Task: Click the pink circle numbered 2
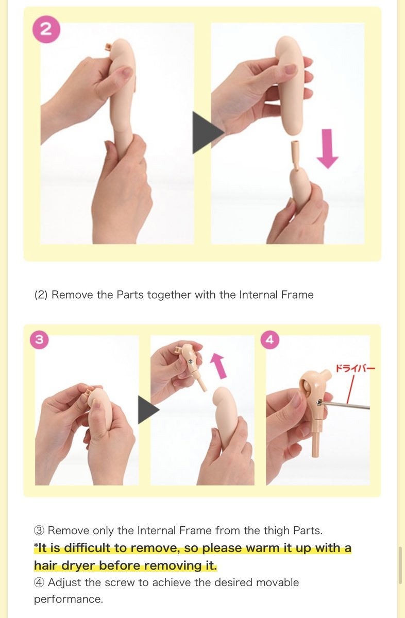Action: (x=46, y=29)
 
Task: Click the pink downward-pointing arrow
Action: (x=327, y=148)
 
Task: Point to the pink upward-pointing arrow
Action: (x=218, y=366)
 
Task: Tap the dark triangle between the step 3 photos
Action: (x=148, y=410)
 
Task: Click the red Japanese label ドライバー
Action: (x=356, y=368)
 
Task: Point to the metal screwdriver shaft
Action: (x=345, y=405)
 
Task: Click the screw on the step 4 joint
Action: (x=319, y=403)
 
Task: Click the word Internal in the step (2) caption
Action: (x=258, y=295)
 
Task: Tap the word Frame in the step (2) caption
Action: (x=297, y=295)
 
